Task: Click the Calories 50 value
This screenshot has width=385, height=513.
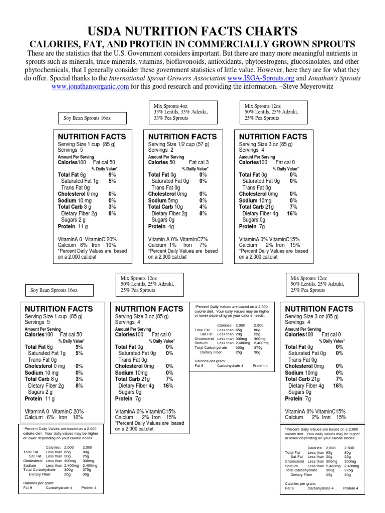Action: click(x=162, y=162)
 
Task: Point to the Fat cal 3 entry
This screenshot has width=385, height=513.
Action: click(x=199, y=162)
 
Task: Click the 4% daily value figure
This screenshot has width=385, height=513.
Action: click(x=203, y=207)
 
